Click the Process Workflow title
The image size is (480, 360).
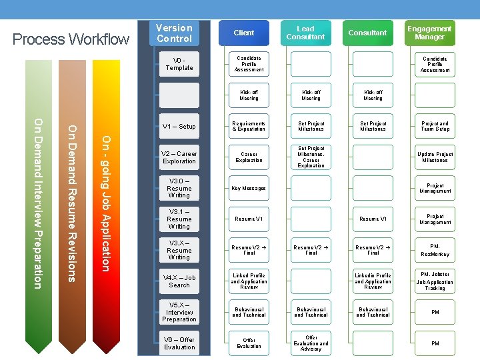[71, 39]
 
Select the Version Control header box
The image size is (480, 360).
[174, 33]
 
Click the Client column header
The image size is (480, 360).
[244, 33]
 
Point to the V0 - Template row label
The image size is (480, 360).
[179, 64]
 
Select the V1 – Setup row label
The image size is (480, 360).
[179, 126]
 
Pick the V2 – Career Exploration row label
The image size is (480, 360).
[179, 157]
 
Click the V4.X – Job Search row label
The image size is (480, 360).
[179, 281]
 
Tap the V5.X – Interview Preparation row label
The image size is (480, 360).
[179, 312]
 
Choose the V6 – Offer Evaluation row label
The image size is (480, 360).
[179, 343]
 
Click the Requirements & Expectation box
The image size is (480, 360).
[249, 126]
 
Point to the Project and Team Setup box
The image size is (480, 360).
[435, 126]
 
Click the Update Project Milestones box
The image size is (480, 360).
[435, 157]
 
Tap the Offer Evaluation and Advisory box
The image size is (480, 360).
[311, 343]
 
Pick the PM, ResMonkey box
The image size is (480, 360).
[435, 250]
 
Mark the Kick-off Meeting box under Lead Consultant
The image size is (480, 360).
[311, 95]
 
